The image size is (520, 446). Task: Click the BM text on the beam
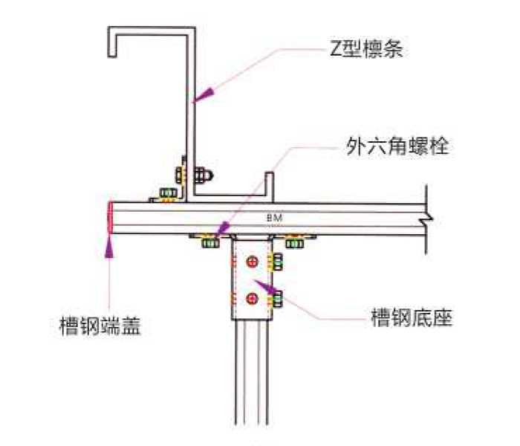pyautogui.click(x=274, y=216)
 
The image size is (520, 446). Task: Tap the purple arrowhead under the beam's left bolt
pyautogui.click(x=223, y=233)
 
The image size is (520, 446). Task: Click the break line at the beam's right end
pyautogui.click(x=424, y=216)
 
